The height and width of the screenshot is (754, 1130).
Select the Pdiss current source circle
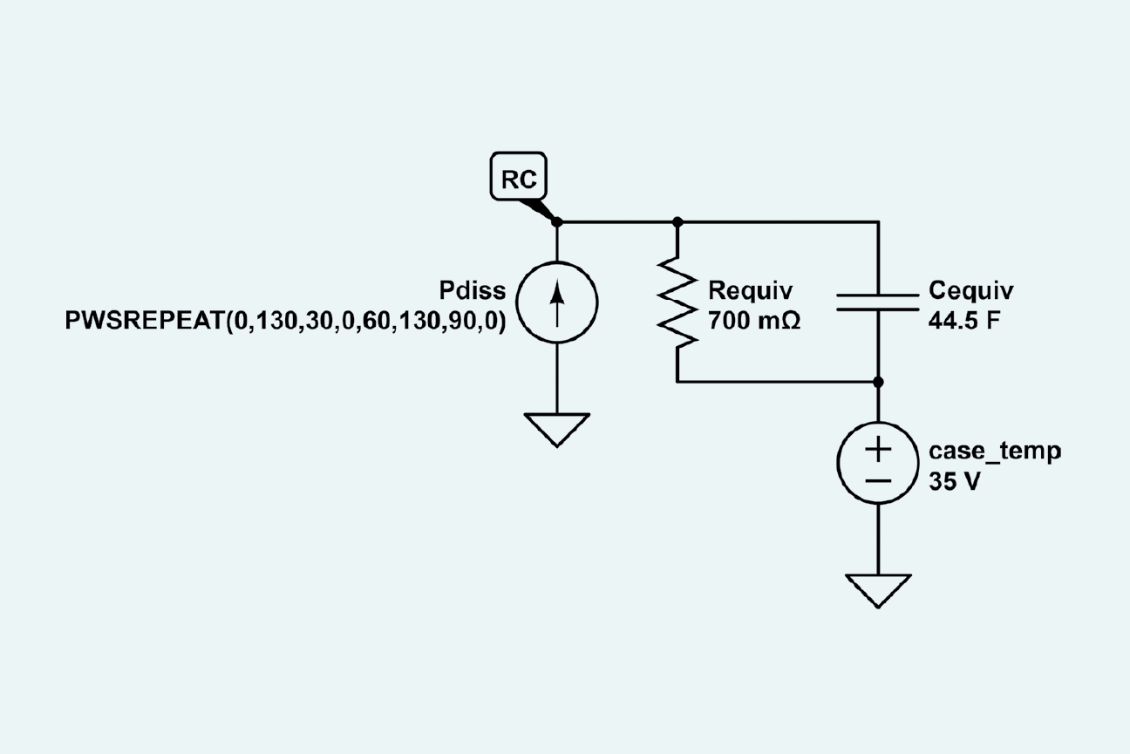click(557, 302)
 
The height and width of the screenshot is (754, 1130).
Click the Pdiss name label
click(474, 291)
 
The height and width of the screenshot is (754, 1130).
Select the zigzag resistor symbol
click(678, 302)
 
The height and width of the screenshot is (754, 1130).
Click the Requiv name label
click(749, 291)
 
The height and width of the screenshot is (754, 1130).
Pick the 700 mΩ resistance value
click(754, 321)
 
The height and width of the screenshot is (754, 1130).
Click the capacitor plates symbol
click(878, 302)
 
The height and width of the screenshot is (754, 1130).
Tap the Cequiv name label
click(971, 291)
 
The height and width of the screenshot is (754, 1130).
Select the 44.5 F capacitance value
click(963, 321)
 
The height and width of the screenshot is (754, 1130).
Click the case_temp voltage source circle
click(878, 464)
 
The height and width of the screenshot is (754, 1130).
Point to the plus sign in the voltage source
click(878, 450)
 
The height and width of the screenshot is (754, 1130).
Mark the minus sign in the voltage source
click(878, 480)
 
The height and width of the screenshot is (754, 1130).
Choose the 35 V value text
click(953, 482)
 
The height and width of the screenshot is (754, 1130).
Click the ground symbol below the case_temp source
click(878, 590)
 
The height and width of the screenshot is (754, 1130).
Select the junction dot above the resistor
click(678, 222)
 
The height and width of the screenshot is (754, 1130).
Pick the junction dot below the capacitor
click(878, 382)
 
